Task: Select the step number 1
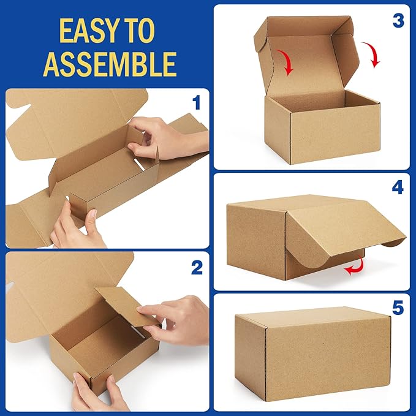pos(196,102)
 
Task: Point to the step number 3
pos(398,20)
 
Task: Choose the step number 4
pos(398,187)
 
